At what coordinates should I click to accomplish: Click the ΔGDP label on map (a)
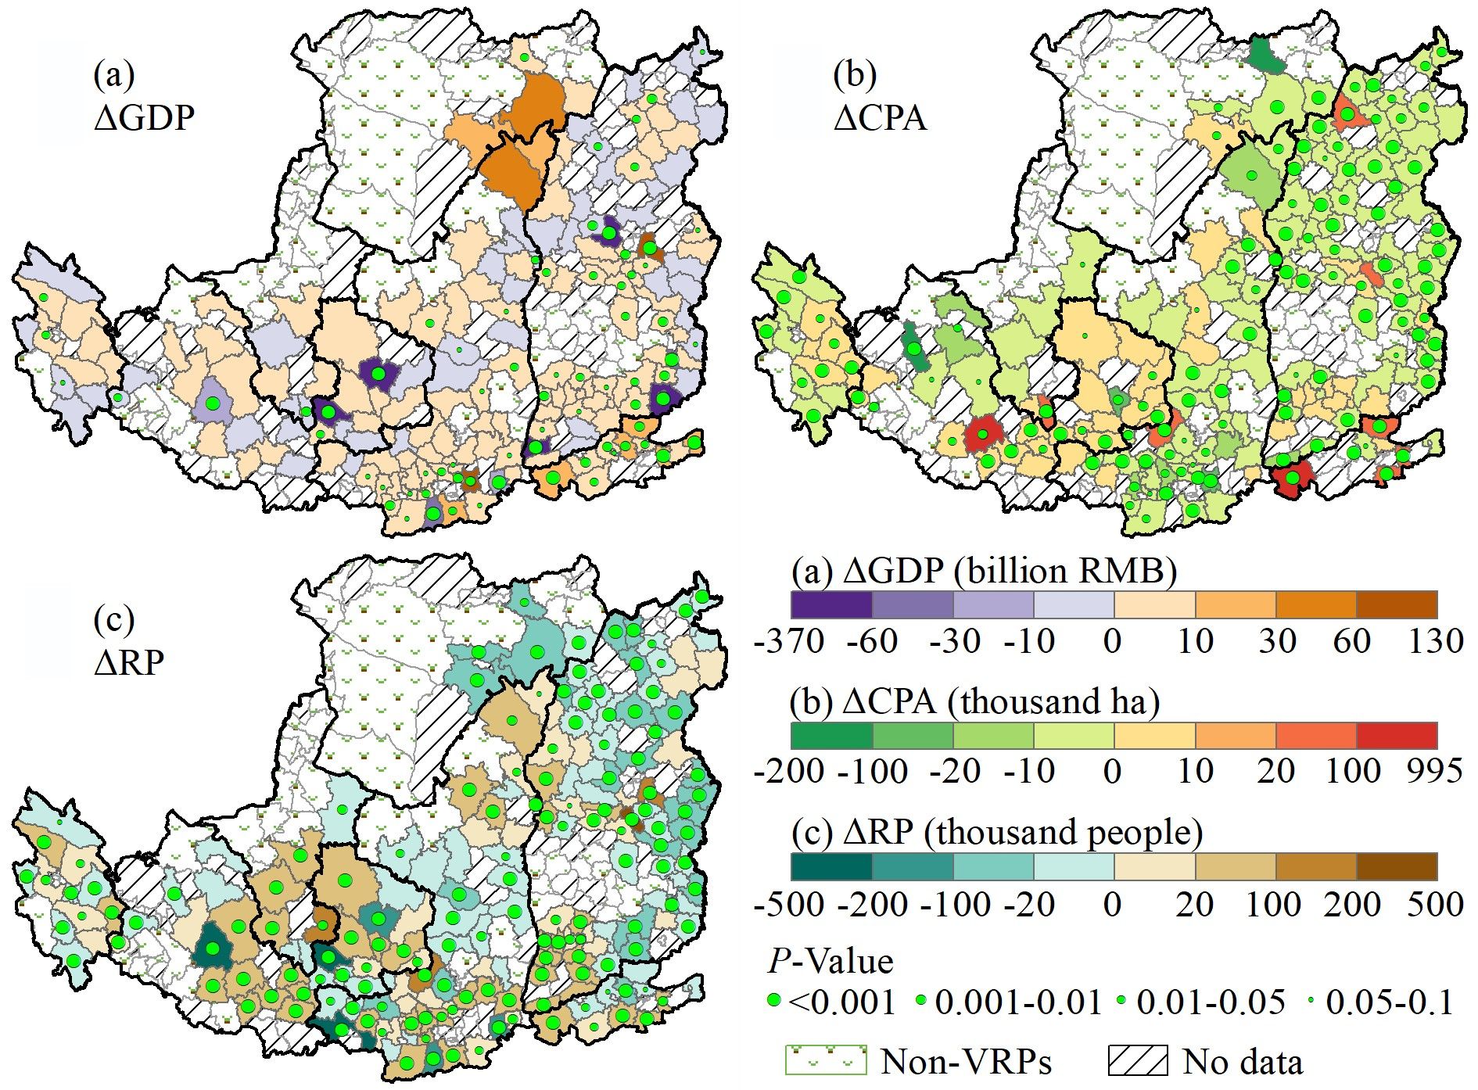click(145, 117)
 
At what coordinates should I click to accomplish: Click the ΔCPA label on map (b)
click(881, 118)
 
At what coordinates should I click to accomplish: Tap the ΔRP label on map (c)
click(130, 662)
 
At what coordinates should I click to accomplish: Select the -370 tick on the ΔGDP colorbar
click(790, 641)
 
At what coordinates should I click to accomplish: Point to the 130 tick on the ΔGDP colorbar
click(1437, 641)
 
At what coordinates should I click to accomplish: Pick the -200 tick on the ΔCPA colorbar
click(790, 771)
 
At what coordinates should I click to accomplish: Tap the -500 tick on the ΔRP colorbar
click(790, 904)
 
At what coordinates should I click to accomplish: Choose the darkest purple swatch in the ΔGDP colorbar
click(831, 604)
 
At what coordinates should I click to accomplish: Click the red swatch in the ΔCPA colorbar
click(1396, 736)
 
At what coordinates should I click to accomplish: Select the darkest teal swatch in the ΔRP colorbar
click(831, 866)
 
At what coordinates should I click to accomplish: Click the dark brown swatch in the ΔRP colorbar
click(1396, 866)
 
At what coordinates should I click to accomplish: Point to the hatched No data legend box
click(1138, 1060)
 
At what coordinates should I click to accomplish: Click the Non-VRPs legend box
click(826, 1060)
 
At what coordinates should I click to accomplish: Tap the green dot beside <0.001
click(774, 1001)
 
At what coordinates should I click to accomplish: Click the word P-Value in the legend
click(830, 960)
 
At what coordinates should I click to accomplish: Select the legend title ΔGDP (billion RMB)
click(985, 572)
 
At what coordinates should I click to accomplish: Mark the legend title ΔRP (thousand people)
click(997, 832)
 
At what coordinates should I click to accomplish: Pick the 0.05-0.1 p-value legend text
click(1390, 1002)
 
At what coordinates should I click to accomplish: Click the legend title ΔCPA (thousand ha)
click(975, 701)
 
